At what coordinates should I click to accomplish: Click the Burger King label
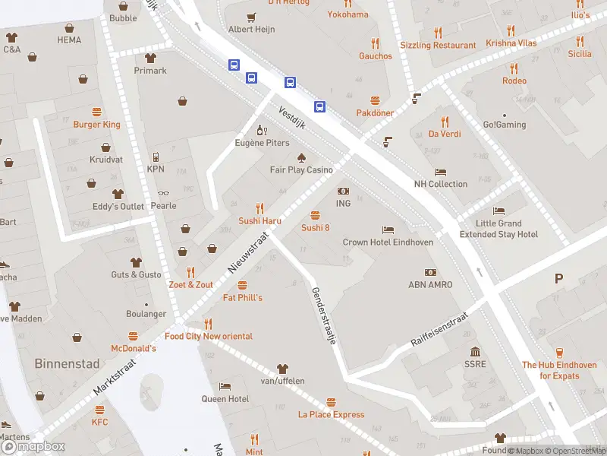[96, 125]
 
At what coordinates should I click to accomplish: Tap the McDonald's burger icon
[134, 335]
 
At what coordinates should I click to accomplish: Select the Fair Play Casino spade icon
[301, 157]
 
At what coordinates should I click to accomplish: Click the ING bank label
[343, 204]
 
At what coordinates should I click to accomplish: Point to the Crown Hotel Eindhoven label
[388, 242]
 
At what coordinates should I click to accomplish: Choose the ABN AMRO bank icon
[430, 272]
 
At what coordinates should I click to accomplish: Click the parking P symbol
[559, 279]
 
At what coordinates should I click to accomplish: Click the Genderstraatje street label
[323, 316]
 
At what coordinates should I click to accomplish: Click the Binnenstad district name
[67, 363]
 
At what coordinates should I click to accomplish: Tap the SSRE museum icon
[475, 352]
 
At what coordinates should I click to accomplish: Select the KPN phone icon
[156, 157]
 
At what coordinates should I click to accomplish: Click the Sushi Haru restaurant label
[260, 220]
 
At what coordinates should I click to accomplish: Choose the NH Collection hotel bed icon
[441, 172]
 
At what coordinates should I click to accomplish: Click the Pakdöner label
[375, 113]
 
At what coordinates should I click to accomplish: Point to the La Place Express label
[331, 415]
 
